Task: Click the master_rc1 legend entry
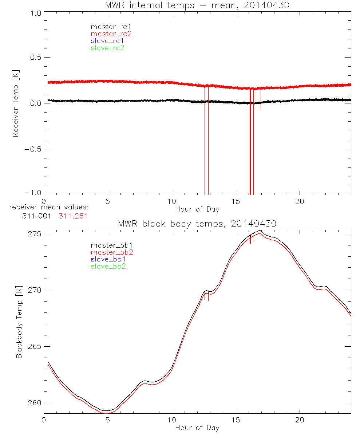(x=107, y=27)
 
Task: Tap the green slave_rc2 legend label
(x=107, y=48)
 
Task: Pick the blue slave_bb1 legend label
(x=108, y=259)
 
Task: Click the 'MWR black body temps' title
(x=197, y=224)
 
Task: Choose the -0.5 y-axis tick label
(x=33, y=149)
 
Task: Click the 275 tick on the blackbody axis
(x=35, y=233)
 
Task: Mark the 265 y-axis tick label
(x=35, y=346)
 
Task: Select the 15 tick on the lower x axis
(x=236, y=420)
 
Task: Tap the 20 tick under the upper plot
(x=300, y=201)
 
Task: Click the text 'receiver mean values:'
(x=49, y=208)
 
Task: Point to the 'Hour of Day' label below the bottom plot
(x=197, y=428)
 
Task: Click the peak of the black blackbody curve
(x=261, y=230)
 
